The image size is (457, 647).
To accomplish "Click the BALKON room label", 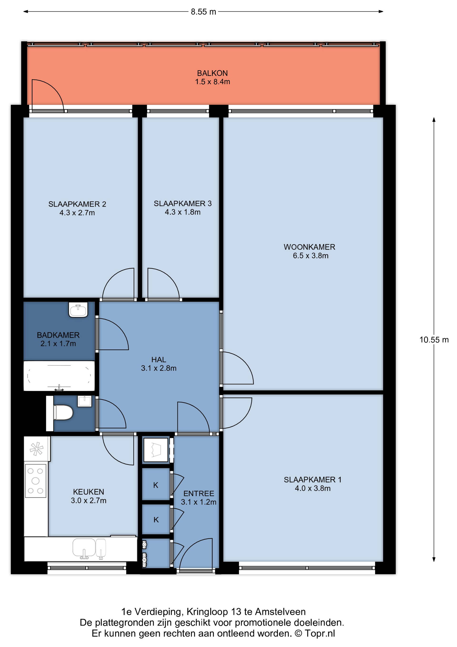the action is pos(213,73).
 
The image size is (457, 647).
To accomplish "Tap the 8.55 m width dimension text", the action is pos(204,12).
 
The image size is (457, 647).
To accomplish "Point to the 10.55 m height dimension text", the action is pos(434,340).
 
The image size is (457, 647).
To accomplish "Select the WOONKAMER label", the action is pos(309,247).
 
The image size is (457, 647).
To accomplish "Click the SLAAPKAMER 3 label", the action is pos(183,204).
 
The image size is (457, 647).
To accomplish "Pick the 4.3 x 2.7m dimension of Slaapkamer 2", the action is pos(77,213).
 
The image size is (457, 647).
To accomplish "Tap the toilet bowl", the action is pos(63,413).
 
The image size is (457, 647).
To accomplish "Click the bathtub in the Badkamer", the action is pos(59,376).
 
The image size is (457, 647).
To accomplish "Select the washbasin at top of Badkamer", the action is pos(79,310).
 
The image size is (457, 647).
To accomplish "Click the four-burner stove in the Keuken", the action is pos(35,481).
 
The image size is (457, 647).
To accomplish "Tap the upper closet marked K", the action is pos(156,485).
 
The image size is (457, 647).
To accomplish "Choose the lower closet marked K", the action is pos(156,520).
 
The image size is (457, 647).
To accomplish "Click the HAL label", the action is pos(159,360).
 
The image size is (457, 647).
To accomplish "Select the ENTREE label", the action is pos(199,494).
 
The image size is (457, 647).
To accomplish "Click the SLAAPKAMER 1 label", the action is pos(313,480).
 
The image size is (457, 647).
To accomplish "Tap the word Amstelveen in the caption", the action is pos(280,612).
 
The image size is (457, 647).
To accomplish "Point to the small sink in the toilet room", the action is pos(85,401).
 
